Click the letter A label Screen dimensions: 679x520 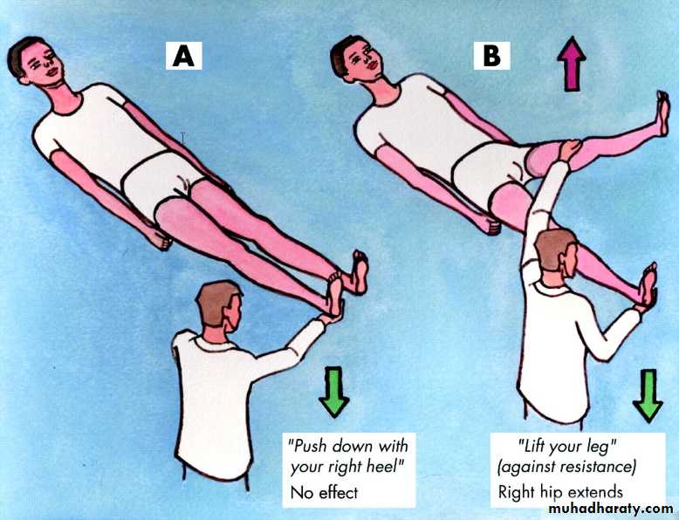coord(183,57)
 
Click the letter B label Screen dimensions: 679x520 coord(491,57)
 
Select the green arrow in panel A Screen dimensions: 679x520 coord(334,392)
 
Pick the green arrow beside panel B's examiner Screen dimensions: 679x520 coord(648,395)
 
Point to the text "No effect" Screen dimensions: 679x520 coord(324,493)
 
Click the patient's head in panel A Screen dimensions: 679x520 coord(36,60)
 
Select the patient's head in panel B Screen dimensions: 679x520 coord(357,58)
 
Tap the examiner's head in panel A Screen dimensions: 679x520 coord(219,306)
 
